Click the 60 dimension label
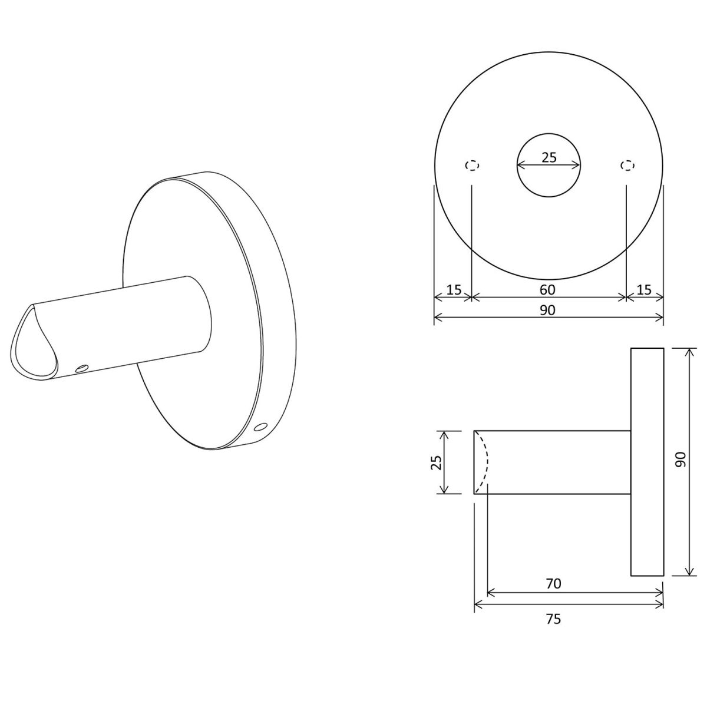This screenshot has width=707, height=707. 547,290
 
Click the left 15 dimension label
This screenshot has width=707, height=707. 454,290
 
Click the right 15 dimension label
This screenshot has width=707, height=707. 645,290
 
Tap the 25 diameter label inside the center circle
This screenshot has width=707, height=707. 549,157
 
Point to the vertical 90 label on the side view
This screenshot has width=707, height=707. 680,459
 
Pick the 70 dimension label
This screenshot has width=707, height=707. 554,594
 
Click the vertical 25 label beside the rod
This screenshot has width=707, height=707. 435,462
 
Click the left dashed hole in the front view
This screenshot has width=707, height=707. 472,166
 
